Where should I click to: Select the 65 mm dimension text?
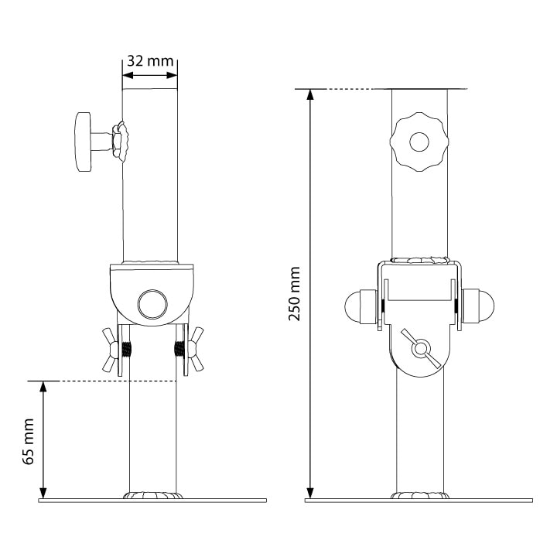(29, 441)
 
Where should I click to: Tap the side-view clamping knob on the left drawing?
(84, 141)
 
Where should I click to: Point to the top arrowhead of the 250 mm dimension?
(310, 96)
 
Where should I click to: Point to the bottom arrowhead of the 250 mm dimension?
(310, 493)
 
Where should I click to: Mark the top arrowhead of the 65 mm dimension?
(44, 388)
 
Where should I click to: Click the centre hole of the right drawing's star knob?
(419, 142)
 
